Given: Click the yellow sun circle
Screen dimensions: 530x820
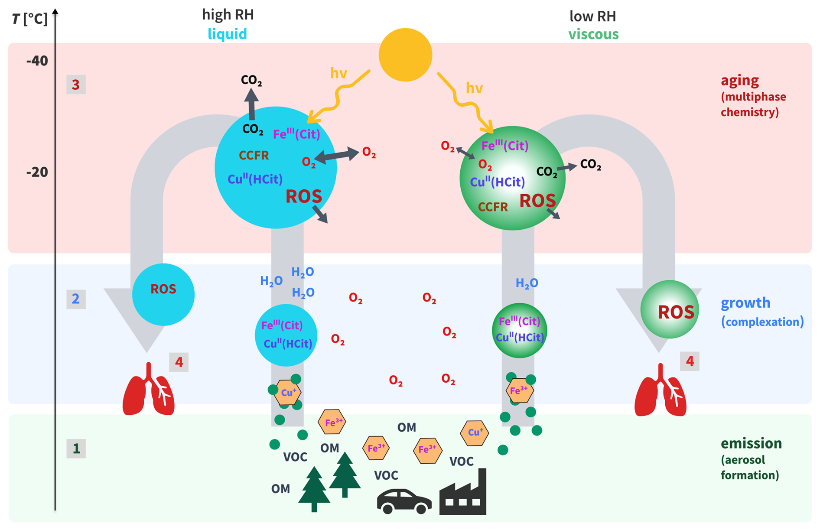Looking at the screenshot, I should pos(405,55).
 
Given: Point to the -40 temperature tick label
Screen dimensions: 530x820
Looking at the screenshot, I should pos(37,61).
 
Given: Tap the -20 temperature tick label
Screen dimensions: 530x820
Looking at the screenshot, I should pos(37,172).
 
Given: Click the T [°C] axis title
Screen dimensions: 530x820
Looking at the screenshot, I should pos(29,19).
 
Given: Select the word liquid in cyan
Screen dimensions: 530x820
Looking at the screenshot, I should pos(227,34).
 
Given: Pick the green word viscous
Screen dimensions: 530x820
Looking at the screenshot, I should pos(593,34).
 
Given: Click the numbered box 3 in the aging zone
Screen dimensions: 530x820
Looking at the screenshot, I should pos(76,85).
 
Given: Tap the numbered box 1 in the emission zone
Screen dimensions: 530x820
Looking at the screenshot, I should pos(76,449).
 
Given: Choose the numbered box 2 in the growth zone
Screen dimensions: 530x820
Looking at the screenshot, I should pos(76,299).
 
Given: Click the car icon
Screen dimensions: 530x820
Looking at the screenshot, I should pos(404,501).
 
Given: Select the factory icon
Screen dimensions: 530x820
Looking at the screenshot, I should pos(463,494).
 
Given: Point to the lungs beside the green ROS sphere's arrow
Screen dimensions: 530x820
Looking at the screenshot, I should pos(660,391).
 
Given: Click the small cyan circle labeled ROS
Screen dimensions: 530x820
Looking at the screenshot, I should pos(163,294).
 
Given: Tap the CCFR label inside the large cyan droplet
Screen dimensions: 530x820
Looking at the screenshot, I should pos(254,155).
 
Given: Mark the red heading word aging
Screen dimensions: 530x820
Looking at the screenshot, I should pos(739,80).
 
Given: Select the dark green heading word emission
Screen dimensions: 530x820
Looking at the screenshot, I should pos(751,443).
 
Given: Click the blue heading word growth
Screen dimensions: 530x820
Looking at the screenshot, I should pos(745,302).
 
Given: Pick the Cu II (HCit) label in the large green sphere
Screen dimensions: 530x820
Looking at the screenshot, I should pos(498,182).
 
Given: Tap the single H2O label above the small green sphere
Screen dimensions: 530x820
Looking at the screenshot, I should pos(527,283).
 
